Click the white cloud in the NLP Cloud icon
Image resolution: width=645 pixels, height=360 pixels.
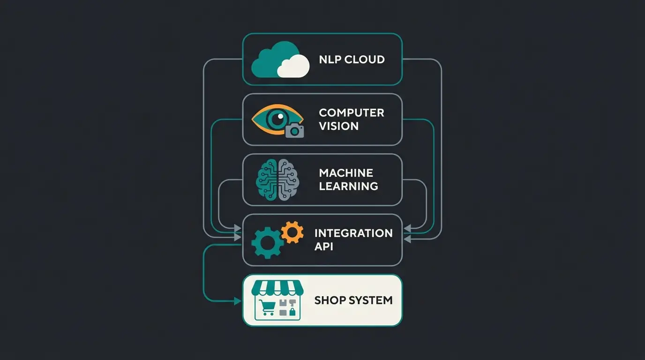tap(293, 66)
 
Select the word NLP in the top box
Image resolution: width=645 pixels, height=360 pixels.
tap(330, 60)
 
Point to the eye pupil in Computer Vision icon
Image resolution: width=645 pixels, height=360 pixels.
tap(277, 118)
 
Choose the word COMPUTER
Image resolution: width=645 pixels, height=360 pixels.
tap(351, 113)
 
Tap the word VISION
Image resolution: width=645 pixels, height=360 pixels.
tap(338, 126)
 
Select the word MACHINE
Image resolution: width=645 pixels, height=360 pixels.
tap(346, 173)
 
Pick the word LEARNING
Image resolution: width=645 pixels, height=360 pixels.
tap(348, 186)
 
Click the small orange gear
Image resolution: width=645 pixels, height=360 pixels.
tap(292, 232)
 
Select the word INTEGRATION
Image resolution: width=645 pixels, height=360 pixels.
tap(353, 233)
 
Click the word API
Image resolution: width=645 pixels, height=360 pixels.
tap(323, 247)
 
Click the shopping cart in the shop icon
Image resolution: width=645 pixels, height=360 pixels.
tap(267, 307)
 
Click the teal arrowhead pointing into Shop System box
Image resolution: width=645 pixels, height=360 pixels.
tap(238, 301)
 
